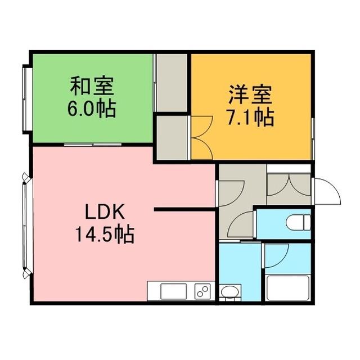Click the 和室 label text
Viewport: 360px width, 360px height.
tap(92, 87)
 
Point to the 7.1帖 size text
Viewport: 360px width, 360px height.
tap(250, 117)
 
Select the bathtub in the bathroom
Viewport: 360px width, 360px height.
tap(287, 288)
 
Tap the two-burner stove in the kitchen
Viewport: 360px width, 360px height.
tap(202, 291)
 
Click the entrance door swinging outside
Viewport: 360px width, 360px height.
tap(327, 191)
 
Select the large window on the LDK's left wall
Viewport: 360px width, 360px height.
tap(25, 225)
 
